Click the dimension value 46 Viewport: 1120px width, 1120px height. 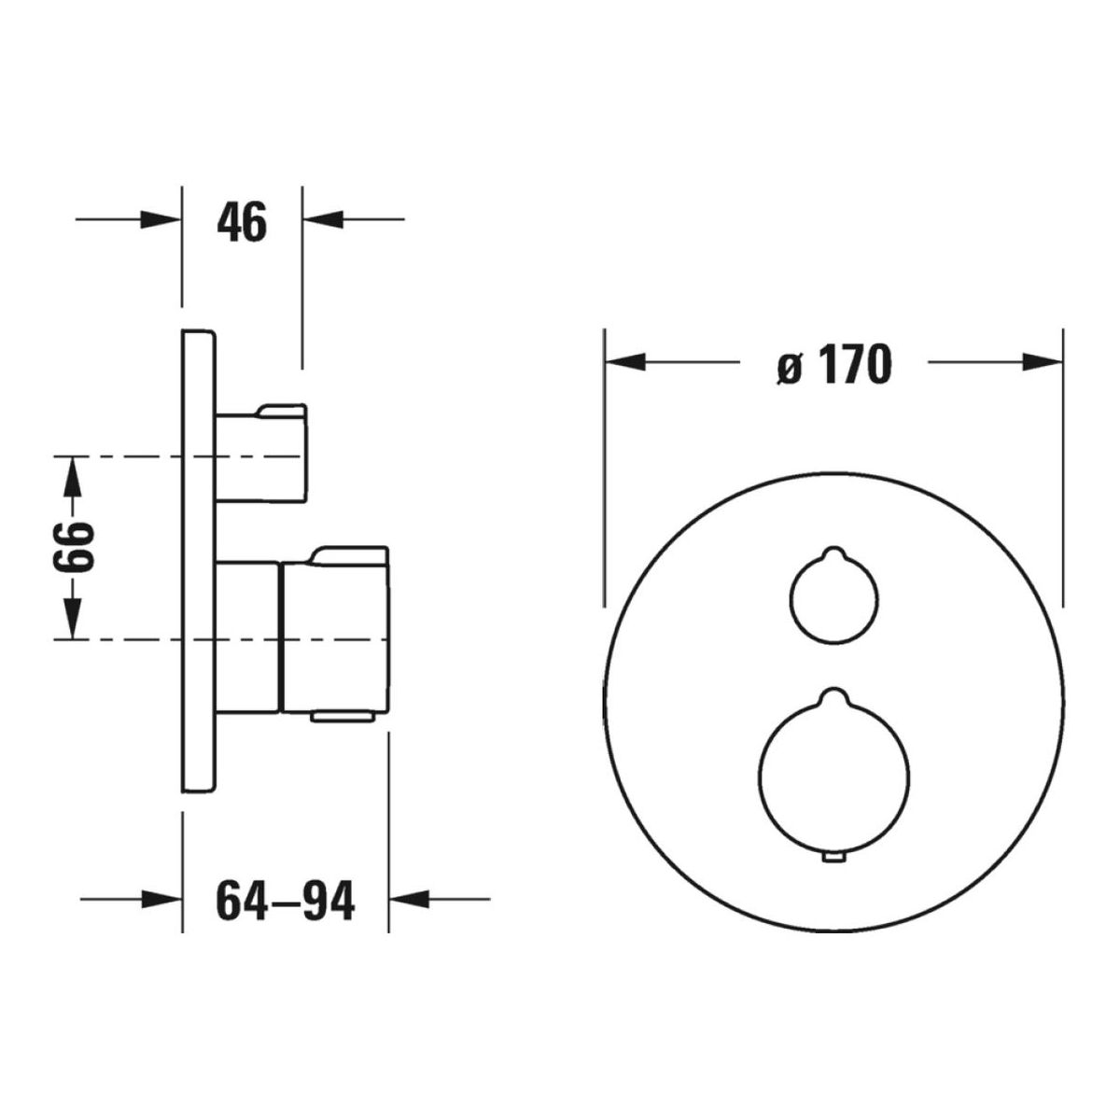tap(241, 221)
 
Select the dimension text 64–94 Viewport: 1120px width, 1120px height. tap(285, 900)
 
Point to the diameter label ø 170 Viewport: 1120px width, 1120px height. tap(833, 364)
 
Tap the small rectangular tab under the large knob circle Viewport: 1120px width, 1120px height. tap(833, 858)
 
